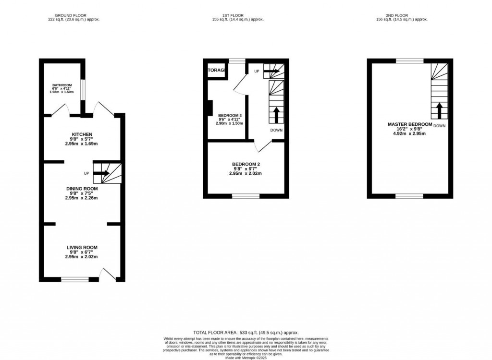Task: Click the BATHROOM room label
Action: [62, 85]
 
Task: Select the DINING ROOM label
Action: [81, 188]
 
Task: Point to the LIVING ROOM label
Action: [81, 248]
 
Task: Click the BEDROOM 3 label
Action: [230, 116]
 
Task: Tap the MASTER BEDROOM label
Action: [409, 124]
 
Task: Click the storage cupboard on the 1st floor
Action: [216, 71]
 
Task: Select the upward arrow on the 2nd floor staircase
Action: [440, 110]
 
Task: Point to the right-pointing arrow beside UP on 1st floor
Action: [271, 71]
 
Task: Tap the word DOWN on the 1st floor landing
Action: [276, 130]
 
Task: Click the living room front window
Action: [74, 279]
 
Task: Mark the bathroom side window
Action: [83, 90]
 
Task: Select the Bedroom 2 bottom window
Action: [246, 196]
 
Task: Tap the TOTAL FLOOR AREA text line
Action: [246, 332]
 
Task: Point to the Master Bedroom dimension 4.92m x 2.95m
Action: [409, 133]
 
